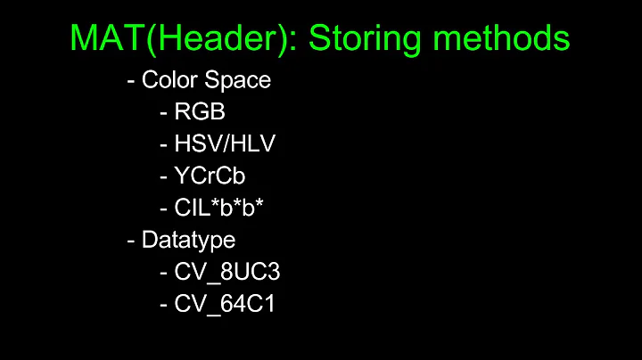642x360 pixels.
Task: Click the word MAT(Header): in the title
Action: coord(173,38)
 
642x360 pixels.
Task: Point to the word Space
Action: coord(237,81)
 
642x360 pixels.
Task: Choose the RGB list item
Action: coord(199,113)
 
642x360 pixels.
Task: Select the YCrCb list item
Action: coord(210,176)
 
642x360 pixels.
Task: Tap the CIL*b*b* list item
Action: coord(220,208)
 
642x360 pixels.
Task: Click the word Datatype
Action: coord(188,241)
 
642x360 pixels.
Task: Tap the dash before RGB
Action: coord(163,114)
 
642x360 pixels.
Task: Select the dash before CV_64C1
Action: coord(163,305)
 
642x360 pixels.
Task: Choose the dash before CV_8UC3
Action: coord(163,273)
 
